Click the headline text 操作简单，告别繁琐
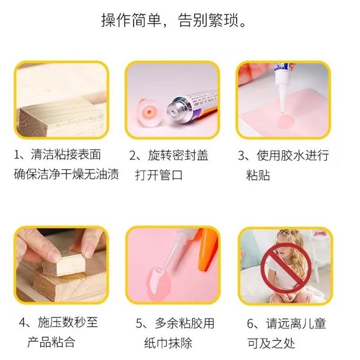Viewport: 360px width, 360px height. tap(180, 21)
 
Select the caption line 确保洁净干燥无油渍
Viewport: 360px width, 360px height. tap(67, 175)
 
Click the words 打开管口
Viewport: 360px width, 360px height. tap(159, 175)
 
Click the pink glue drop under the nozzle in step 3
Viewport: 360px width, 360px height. tap(284, 121)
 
